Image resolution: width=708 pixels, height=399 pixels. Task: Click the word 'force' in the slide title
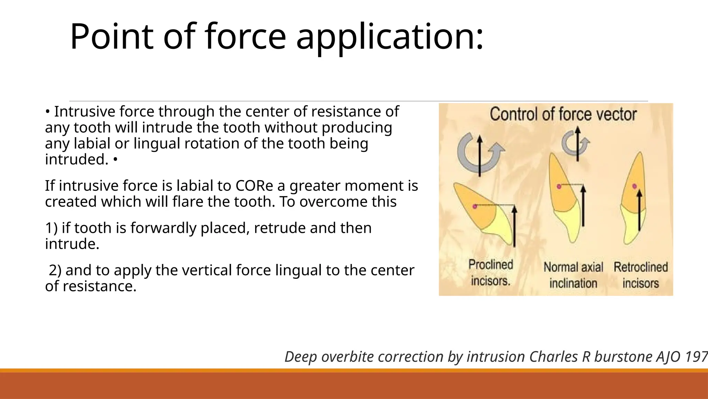tap(245, 37)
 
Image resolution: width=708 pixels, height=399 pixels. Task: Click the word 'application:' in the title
tap(390, 37)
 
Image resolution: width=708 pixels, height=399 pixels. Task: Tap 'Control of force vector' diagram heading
tap(563, 114)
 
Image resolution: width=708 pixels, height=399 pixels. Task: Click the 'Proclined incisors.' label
tap(491, 273)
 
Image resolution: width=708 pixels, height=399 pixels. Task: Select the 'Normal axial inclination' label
tap(573, 275)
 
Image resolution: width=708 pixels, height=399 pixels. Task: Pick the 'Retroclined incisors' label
tap(641, 275)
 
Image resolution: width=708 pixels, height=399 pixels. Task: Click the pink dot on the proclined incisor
tap(475, 206)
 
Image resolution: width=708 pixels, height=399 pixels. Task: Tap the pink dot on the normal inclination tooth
tap(559, 186)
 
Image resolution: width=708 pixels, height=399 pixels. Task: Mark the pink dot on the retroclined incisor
tap(634, 186)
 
